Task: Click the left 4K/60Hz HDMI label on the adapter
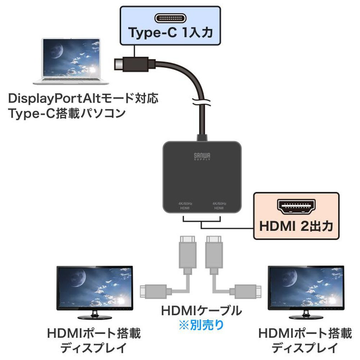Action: click(x=185, y=206)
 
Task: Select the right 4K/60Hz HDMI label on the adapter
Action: click(x=219, y=206)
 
